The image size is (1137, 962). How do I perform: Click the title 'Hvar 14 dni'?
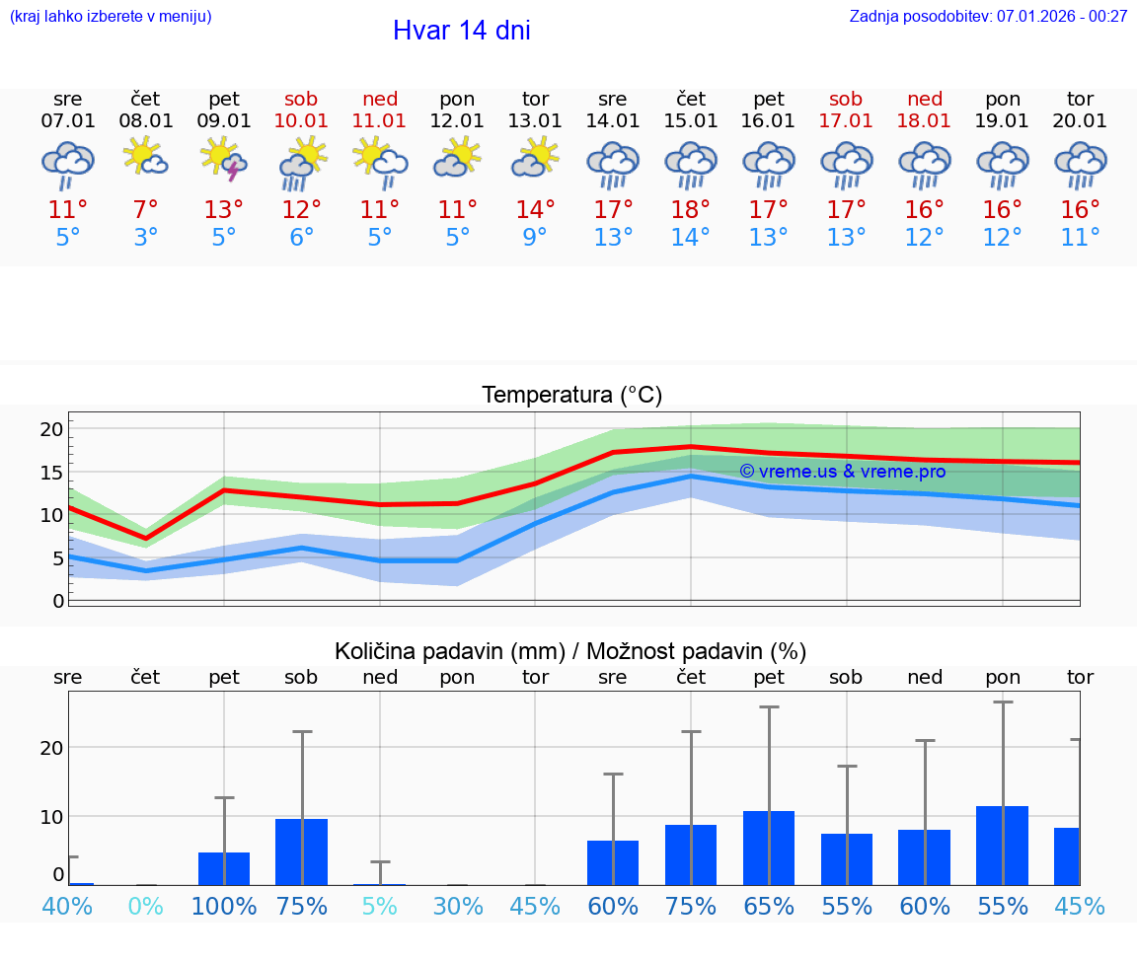pos(461,31)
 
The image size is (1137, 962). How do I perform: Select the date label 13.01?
pos(535,121)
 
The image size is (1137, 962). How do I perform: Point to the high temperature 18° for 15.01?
pos(691,209)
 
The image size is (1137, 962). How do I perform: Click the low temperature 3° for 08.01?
pos(146,238)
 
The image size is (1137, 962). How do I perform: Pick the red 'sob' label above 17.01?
pos(846,99)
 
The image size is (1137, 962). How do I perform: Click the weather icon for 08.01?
pos(146,158)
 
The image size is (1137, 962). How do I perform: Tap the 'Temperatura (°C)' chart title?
pos(571,396)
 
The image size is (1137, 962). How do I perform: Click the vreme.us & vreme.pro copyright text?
pos(842,472)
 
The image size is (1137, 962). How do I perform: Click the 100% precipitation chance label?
pos(224,907)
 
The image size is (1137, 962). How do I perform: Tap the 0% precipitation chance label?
pos(146,907)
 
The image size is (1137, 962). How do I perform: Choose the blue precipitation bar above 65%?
pos(769,849)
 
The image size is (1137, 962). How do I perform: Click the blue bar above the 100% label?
pos(224,868)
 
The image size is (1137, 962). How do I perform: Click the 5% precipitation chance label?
pos(380,907)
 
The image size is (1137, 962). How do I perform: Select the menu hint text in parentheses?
pos(110,16)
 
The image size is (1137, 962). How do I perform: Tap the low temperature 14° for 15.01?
pos(691,238)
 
